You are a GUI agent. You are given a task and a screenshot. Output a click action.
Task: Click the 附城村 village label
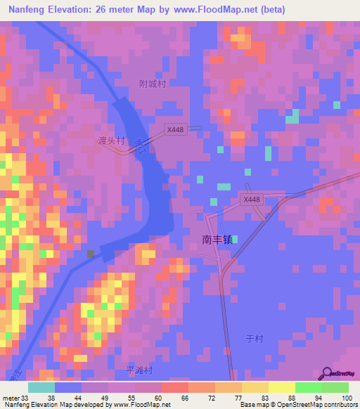(153, 84)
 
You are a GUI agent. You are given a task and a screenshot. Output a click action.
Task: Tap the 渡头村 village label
(110, 141)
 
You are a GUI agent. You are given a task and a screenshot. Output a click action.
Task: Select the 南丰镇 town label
(217, 239)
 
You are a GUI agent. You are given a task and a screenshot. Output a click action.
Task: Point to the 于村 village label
(254, 339)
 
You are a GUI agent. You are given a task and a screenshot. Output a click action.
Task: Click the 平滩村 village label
(139, 370)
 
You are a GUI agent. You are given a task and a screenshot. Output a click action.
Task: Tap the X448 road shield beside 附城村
(175, 130)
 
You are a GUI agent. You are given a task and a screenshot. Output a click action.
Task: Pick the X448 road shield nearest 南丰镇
(251, 200)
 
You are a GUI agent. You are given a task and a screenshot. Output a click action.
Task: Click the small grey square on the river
(90, 254)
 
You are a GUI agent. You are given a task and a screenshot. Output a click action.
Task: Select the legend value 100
(346, 398)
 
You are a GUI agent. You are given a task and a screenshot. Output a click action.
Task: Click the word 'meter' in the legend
(10, 398)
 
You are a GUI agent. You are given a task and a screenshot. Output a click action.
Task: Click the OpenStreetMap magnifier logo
(326, 374)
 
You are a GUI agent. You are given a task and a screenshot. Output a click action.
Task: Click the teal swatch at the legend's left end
(41, 387)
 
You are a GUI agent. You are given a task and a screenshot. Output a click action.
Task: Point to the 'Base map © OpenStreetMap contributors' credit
(297, 405)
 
